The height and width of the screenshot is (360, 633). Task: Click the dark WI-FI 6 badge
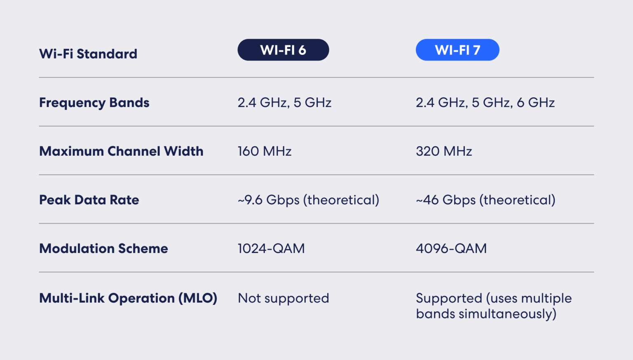tap(283, 50)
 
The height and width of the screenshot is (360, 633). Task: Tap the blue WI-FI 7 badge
tap(457, 50)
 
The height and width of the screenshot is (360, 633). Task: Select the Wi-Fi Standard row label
tap(88, 54)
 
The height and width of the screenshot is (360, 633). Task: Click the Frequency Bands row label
tap(94, 103)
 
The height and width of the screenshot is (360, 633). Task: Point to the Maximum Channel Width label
tap(121, 151)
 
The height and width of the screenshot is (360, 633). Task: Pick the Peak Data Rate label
tap(89, 200)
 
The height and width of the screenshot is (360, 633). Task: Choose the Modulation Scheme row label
tap(103, 248)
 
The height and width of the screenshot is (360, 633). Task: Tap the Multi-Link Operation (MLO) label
tap(128, 298)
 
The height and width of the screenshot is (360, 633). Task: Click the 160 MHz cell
tap(265, 151)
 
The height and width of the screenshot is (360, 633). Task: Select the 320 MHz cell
tap(444, 151)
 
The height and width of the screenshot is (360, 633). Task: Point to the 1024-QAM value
tap(271, 248)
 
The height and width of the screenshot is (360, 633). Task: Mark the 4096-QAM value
tap(451, 248)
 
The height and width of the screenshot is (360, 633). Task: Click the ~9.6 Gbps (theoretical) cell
tap(308, 200)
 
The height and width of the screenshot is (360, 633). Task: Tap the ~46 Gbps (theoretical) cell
tap(485, 200)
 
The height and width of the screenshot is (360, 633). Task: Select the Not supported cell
tap(284, 298)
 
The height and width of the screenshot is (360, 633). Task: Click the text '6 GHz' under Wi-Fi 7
tap(536, 103)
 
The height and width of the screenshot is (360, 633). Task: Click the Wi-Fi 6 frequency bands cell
tap(284, 103)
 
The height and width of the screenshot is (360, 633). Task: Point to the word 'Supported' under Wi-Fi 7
tap(449, 298)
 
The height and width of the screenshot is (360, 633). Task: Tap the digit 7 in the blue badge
tap(476, 50)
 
